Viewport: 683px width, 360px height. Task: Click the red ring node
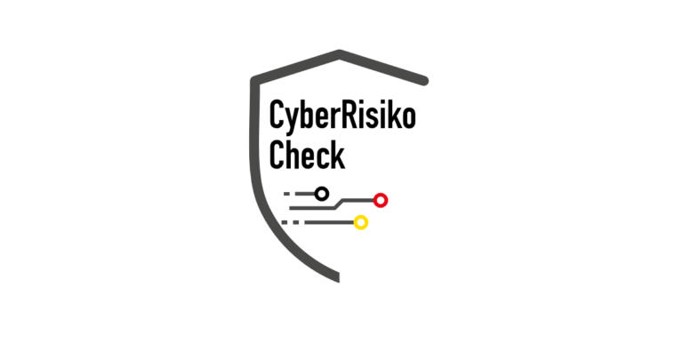click(x=381, y=200)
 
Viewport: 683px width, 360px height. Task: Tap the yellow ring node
click(x=361, y=222)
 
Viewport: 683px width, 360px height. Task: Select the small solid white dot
click(x=322, y=194)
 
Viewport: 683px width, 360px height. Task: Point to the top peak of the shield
click(x=340, y=53)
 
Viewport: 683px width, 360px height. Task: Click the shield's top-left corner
click(x=255, y=80)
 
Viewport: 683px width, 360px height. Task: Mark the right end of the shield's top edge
click(x=424, y=81)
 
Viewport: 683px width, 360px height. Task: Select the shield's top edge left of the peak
click(x=297, y=67)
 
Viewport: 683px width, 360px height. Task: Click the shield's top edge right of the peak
click(x=382, y=68)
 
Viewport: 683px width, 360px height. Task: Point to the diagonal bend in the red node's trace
click(x=339, y=204)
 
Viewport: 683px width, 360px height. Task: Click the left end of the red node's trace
click(x=291, y=208)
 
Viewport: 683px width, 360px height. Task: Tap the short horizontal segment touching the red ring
click(x=358, y=200)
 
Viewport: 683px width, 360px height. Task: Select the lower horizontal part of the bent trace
click(x=311, y=208)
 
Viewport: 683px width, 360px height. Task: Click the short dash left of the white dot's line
click(x=286, y=194)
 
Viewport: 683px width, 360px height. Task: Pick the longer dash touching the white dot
click(x=305, y=194)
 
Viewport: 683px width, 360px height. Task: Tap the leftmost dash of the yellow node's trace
click(x=285, y=222)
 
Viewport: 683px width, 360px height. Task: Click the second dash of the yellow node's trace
click(x=297, y=222)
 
